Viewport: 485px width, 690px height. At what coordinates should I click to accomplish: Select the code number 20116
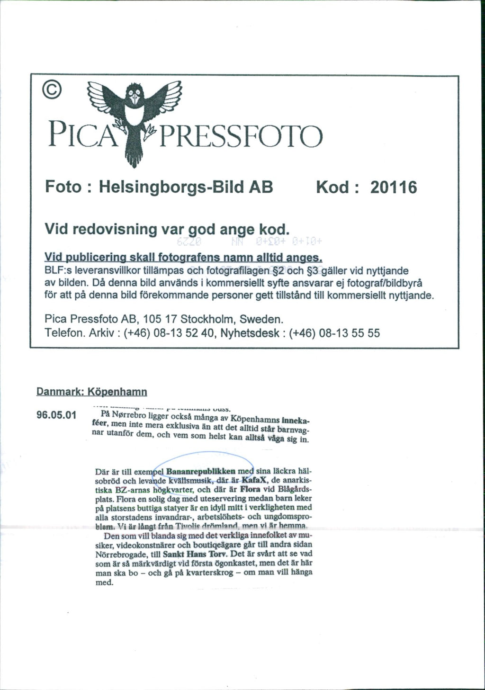(x=394, y=188)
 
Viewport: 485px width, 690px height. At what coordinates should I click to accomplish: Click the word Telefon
(x=61, y=333)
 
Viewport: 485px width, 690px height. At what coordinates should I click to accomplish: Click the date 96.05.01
(x=56, y=416)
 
